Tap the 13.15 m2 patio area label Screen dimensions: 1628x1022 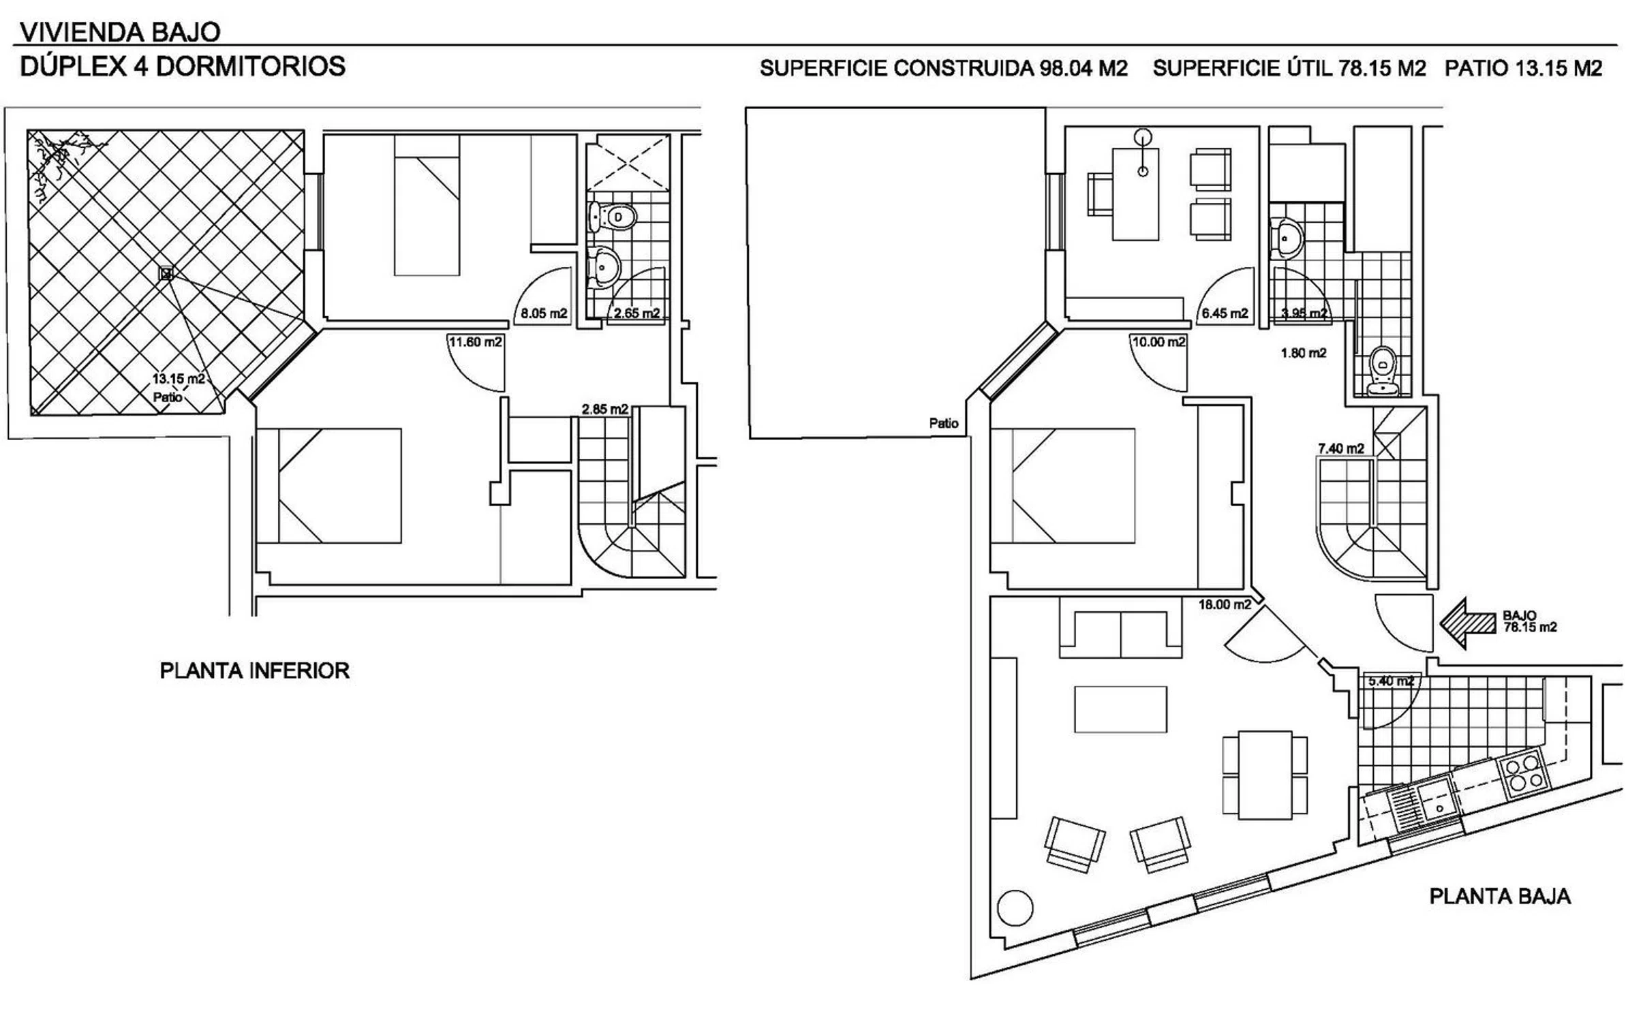[179, 379]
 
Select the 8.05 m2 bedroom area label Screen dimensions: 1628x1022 [544, 313]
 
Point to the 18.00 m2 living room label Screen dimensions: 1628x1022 [1225, 604]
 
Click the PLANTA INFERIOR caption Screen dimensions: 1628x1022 [254, 670]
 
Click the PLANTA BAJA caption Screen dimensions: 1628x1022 [1500, 896]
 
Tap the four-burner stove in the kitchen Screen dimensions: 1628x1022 [1524, 775]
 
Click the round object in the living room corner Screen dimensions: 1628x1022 [1015, 908]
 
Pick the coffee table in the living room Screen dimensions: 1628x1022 [1120, 709]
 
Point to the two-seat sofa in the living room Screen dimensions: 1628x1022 [1120, 634]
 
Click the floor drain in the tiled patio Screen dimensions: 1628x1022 [166, 274]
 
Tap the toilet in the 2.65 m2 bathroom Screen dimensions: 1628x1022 [613, 217]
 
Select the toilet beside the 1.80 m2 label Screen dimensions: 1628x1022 [1383, 372]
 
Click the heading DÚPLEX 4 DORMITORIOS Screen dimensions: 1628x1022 [183, 67]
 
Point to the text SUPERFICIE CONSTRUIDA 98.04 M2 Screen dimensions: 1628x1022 [944, 68]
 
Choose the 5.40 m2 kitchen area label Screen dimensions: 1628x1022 [1391, 681]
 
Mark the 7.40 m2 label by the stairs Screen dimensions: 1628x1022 [1341, 448]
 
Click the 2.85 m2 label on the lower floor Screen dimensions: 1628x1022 [604, 409]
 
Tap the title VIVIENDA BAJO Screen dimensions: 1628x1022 [120, 32]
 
